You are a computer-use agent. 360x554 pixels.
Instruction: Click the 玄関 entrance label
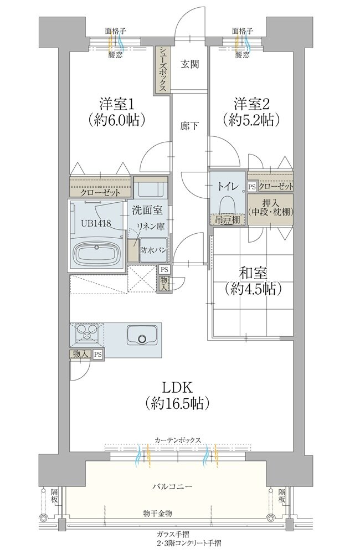[x=190, y=64]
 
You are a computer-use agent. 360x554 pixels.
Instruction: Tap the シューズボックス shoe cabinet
[x=162, y=69]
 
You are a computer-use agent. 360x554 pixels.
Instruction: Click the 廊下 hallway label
[x=189, y=126]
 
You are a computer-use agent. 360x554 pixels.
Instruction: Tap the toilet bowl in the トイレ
[x=228, y=205]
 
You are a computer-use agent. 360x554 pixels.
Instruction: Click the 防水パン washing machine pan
[x=153, y=250]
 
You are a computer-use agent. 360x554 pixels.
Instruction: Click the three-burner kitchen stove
[x=86, y=332]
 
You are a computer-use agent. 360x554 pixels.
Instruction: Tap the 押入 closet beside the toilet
[x=270, y=209]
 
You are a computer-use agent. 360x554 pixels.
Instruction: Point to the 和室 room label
[x=253, y=274]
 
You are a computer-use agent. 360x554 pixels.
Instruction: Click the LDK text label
[x=177, y=387]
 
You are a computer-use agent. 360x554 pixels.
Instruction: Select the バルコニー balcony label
[x=172, y=486]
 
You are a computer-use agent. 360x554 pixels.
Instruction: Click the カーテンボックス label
[x=178, y=440]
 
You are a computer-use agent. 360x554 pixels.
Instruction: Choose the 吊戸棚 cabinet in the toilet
[x=228, y=220]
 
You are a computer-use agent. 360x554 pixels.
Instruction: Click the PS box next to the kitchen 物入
[x=98, y=354]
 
